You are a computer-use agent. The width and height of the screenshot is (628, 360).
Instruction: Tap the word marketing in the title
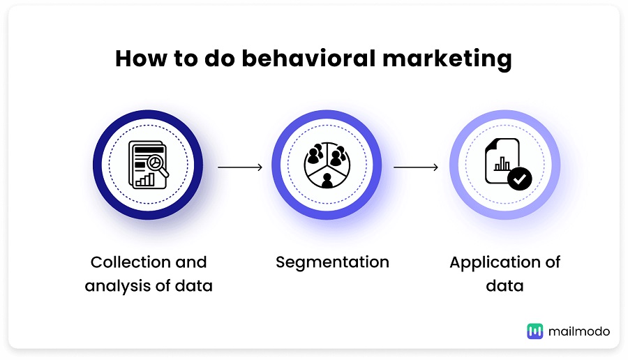pyautogui.click(x=447, y=59)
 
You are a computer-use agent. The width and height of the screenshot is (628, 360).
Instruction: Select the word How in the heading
pyautogui.click(x=141, y=59)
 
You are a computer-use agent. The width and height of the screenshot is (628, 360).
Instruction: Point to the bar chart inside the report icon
pyautogui.click(x=145, y=179)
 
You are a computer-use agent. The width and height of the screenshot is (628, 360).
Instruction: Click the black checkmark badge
pyautogui.click(x=519, y=179)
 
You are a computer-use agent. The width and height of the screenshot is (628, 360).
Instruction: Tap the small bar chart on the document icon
pyautogui.click(x=502, y=163)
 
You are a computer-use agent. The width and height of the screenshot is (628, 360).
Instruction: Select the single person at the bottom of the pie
pyautogui.click(x=327, y=181)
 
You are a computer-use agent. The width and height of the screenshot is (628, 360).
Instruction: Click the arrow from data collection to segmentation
pyautogui.click(x=240, y=167)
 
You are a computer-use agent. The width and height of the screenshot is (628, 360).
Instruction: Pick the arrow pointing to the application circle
pyautogui.click(x=416, y=167)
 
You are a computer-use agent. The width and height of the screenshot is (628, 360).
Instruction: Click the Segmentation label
pyautogui.click(x=332, y=263)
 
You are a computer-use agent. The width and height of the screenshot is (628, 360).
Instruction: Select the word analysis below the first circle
pyautogui.click(x=117, y=286)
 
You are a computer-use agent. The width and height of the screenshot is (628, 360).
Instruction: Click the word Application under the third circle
pyautogui.click(x=495, y=263)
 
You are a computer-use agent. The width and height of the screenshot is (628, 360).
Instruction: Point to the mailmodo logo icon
pyautogui.click(x=534, y=331)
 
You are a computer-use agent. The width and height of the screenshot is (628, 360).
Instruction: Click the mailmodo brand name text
pyautogui.click(x=579, y=331)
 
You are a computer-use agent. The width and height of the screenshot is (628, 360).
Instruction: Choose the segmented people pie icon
pyautogui.click(x=327, y=165)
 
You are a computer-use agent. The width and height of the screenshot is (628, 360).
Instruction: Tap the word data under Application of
pyautogui.click(x=504, y=286)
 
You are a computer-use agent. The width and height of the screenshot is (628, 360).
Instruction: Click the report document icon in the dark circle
pyautogui.click(x=148, y=165)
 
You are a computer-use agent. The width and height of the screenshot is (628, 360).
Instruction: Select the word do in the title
pyautogui.click(x=220, y=59)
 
